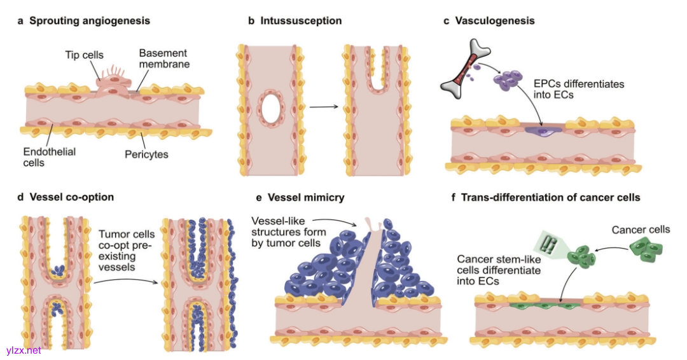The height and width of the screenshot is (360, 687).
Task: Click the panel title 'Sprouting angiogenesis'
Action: tap(90, 21)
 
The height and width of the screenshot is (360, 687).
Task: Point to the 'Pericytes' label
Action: tap(165, 154)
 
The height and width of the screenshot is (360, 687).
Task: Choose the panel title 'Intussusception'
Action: tap(301, 21)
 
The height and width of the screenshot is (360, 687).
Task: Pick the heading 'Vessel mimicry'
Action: tap(303, 197)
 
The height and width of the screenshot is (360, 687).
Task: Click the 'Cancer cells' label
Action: tap(640, 230)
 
